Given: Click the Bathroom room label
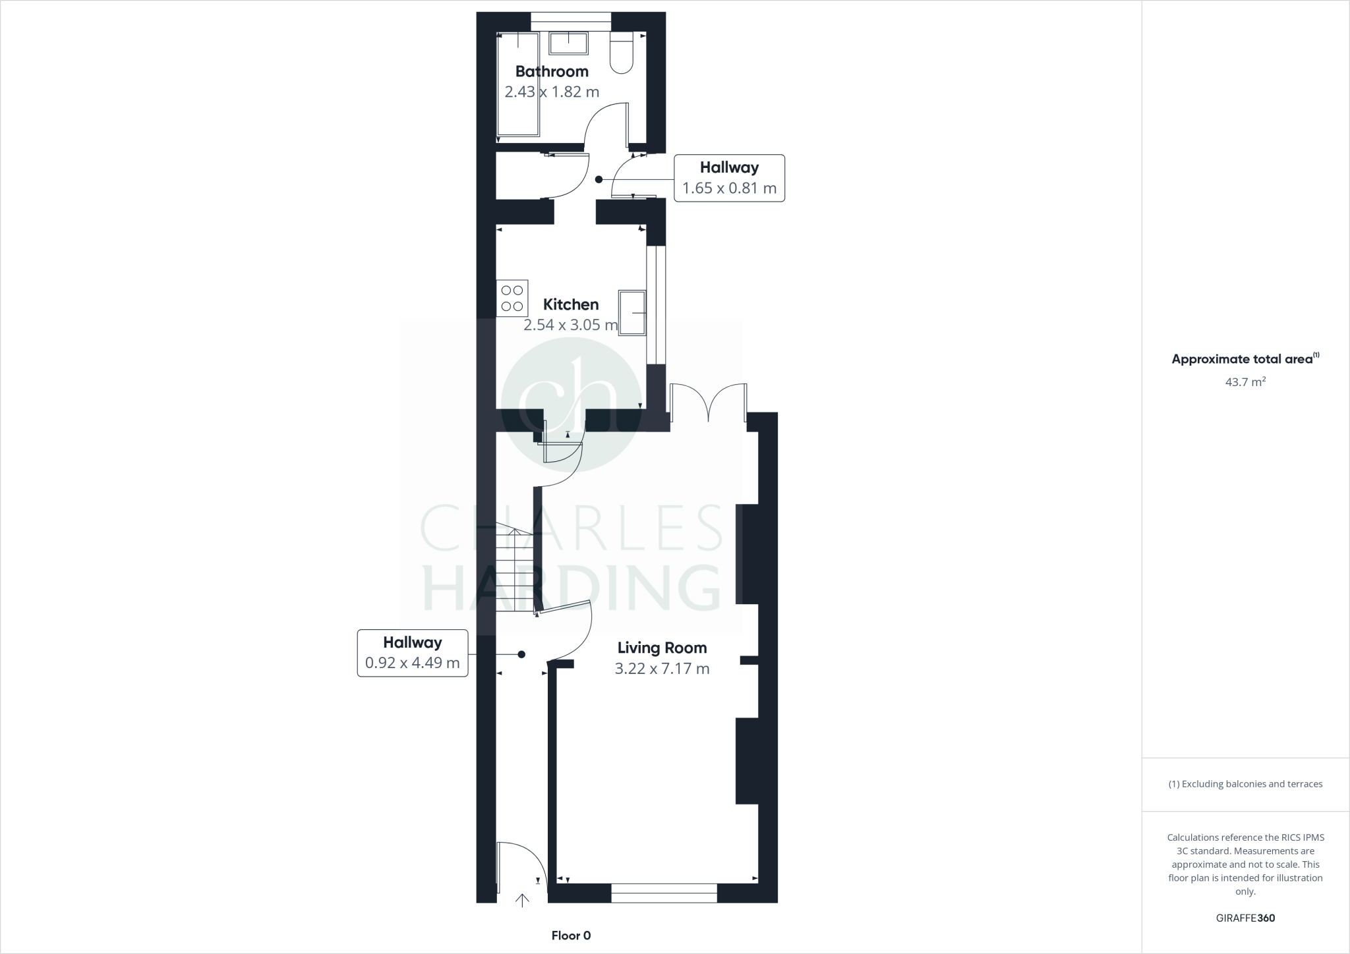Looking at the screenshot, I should [x=552, y=71].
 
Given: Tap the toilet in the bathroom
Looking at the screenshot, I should [x=622, y=53].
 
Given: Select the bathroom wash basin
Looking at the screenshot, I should [x=568, y=43].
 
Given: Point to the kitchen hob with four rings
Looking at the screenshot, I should [x=512, y=298].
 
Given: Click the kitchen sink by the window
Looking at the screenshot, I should [x=632, y=312].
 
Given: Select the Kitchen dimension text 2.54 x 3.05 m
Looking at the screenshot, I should [x=571, y=325].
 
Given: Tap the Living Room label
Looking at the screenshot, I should [x=662, y=648].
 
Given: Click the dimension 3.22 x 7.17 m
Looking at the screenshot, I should [x=662, y=669].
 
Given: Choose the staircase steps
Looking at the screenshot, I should [x=514, y=570].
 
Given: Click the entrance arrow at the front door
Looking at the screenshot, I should [x=522, y=900].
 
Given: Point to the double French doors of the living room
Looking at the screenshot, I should [x=709, y=403].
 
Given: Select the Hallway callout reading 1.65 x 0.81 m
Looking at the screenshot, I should [x=729, y=178].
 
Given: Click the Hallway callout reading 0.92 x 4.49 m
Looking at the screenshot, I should [x=413, y=653].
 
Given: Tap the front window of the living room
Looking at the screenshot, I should [x=664, y=893].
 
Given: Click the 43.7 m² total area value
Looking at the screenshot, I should [x=1245, y=381].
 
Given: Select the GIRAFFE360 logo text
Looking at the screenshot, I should [x=1245, y=918].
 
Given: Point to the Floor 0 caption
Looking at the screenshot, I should [x=571, y=936].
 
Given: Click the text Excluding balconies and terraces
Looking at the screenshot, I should [x=1245, y=784].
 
